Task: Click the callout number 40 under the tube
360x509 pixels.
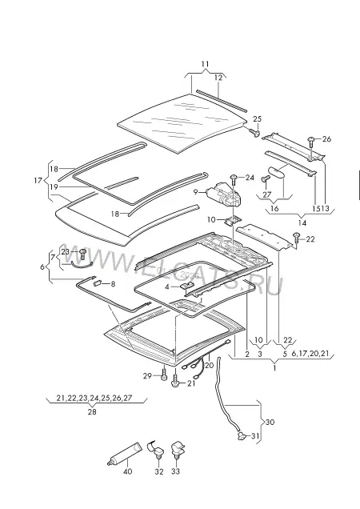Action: point(127,471)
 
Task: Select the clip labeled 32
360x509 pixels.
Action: point(156,449)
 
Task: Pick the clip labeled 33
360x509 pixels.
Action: point(178,449)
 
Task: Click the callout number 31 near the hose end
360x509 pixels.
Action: point(255,436)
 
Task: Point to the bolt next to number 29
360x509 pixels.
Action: point(164,373)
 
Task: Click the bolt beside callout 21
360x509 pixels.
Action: point(176,379)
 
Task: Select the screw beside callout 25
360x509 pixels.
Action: point(255,132)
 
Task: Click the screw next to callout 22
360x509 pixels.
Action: point(296,239)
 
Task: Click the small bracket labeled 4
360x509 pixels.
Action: point(187,286)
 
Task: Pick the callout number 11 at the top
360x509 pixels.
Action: point(205,64)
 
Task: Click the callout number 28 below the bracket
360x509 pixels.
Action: point(92,411)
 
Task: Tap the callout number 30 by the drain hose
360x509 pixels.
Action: point(270,422)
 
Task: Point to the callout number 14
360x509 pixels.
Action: point(302,223)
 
